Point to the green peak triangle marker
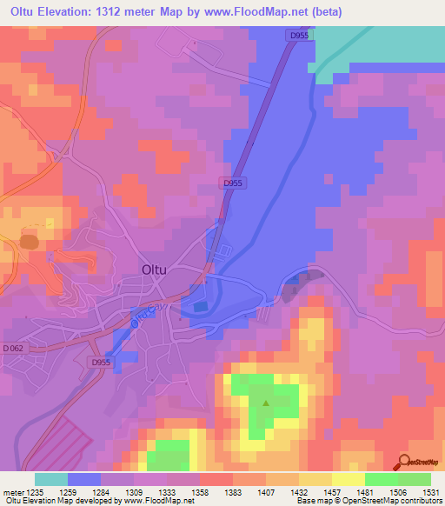[266, 403]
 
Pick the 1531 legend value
[430, 491]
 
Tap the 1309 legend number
[134, 491]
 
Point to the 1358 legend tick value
[200, 491]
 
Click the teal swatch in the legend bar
[51, 479]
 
